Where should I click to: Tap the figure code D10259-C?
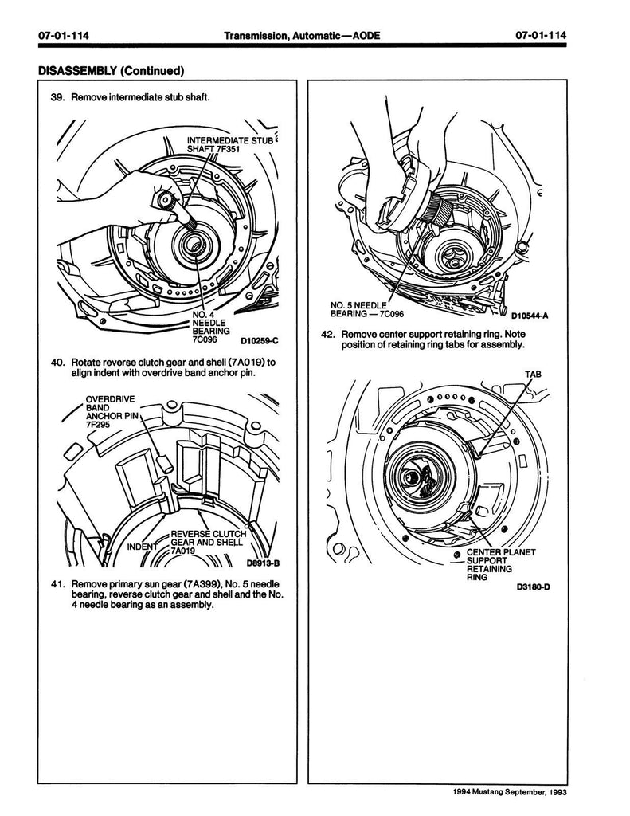(x=259, y=341)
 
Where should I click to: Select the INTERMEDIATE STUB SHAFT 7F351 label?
(x=229, y=145)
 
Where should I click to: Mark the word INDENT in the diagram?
(x=143, y=547)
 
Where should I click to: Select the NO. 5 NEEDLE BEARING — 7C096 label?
(x=366, y=309)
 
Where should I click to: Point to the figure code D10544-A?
(x=530, y=316)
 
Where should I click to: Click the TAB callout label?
(x=533, y=374)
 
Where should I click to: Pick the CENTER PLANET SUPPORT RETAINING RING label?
(x=500, y=565)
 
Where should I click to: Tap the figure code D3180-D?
(x=534, y=587)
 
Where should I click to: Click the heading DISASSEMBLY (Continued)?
(x=112, y=70)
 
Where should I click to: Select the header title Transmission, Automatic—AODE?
(x=302, y=35)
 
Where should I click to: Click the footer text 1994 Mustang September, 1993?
(x=509, y=793)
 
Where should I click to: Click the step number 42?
(x=328, y=334)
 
